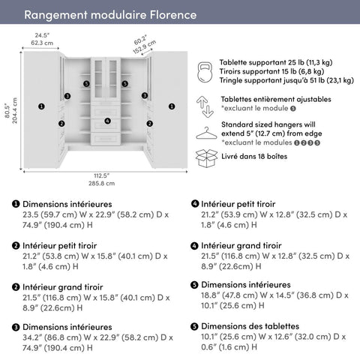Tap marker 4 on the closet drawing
click(x=107, y=120)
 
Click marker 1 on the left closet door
click(x=41, y=106)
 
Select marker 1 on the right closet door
click(x=173, y=106)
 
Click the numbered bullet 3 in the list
click(x=16, y=327)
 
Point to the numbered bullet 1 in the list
click(x=16, y=204)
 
